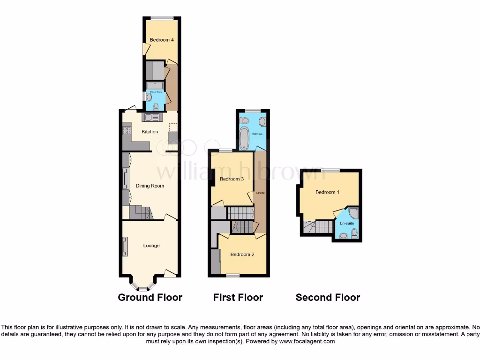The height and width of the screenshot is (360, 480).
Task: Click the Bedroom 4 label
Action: pos(162,40)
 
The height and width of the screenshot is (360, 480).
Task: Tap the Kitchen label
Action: pos(150,132)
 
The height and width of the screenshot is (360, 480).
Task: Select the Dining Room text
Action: pos(150,186)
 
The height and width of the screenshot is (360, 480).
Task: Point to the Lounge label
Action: pos(151,246)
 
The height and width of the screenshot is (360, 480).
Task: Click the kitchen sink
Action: pos(152,117)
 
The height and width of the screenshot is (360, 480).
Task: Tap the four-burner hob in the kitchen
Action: pos(127,131)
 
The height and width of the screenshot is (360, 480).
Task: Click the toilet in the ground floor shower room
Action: pos(156,106)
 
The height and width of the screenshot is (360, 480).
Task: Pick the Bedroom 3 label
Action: pos(232,179)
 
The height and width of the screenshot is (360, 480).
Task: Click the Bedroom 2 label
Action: pos(242,255)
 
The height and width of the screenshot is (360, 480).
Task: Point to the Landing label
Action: pos(260,193)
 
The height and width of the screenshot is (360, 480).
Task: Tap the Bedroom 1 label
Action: pos(328,192)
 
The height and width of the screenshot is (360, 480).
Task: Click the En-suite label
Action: pos(347,224)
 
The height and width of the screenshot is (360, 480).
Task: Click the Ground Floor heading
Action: pos(150,297)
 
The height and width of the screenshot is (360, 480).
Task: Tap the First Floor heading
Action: pos(238,297)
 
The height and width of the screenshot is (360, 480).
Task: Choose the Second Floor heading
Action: pos(328,297)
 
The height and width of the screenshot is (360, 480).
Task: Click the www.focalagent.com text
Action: pos(307,342)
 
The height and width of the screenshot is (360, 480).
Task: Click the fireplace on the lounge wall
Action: pos(125,247)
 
